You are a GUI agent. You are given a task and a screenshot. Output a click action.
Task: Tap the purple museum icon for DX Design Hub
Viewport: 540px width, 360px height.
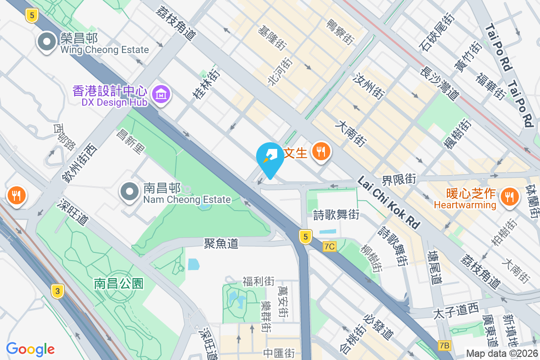click(x=161, y=94)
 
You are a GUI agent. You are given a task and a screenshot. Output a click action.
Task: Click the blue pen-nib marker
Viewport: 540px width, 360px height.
click(x=270, y=158)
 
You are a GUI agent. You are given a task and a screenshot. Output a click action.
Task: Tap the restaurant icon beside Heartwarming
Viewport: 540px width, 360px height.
click(x=509, y=196)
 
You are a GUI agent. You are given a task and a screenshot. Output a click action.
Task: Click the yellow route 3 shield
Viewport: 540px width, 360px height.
click(x=57, y=291)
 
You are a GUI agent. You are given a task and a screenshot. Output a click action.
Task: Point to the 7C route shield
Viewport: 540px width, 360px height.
click(x=329, y=246)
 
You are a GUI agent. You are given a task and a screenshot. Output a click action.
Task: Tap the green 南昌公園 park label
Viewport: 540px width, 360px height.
click(x=119, y=283)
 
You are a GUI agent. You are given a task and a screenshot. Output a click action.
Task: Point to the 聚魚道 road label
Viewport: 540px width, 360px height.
click(x=221, y=243)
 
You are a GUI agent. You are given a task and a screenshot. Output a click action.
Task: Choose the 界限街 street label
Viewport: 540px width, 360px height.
click(x=398, y=180)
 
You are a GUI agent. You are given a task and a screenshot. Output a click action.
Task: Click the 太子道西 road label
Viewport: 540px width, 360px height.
click(x=455, y=311)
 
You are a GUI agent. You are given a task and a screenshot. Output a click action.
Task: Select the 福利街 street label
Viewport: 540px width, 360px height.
click(x=258, y=282)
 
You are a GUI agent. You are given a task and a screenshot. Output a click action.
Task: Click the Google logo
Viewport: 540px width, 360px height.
click(x=31, y=349)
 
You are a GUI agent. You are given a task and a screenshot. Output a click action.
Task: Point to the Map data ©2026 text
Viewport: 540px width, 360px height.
click(x=502, y=353)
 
